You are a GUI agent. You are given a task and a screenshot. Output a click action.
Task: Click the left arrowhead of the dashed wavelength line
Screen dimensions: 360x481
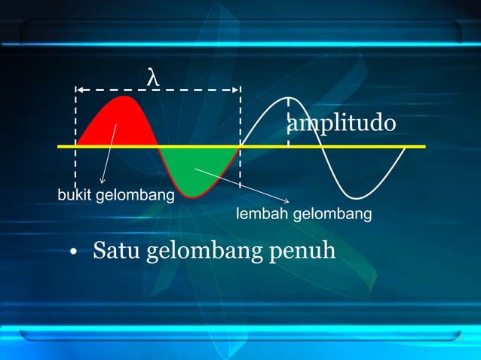[x=78, y=90]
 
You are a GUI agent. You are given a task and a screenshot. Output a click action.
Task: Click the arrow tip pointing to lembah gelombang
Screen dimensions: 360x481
[x=290, y=201]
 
